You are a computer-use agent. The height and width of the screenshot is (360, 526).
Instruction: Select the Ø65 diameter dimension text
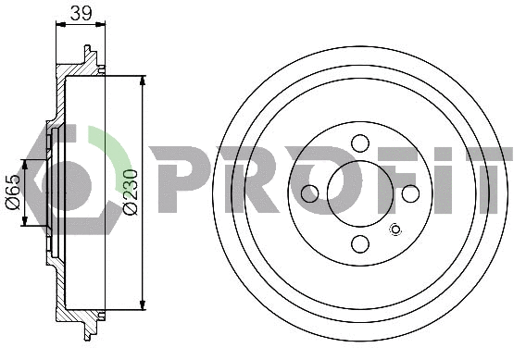click(13, 192)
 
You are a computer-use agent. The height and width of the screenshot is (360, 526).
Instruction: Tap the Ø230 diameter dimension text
click(129, 192)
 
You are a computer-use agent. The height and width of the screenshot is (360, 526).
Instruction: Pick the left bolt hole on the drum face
click(310, 192)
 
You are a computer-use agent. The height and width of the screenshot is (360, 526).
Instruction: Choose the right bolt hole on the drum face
click(410, 192)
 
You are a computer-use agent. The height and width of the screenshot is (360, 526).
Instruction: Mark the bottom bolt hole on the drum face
click(360, 243)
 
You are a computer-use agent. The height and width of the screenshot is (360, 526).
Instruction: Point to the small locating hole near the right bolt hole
click(396, 230)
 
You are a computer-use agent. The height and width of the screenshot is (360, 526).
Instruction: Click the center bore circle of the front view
click(360, 192)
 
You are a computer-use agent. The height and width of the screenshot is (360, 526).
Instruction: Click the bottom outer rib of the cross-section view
click(90, 327)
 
